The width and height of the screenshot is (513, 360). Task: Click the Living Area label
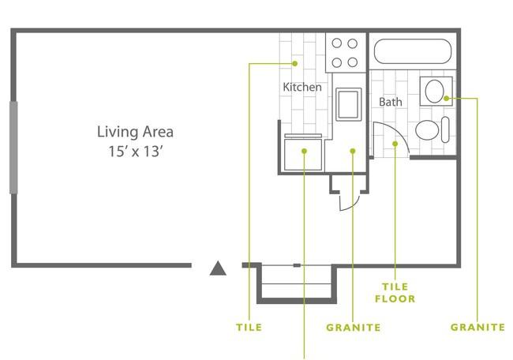(x=135, y=132)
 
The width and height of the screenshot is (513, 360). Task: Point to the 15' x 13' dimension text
(x=135, y=152)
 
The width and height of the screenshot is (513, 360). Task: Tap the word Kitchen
(x=302, y=87)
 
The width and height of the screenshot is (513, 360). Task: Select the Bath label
(x=390, y=102)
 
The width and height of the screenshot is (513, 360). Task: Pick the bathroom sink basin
(x=434, y=92)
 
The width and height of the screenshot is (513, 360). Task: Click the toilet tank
(x=446, y=130)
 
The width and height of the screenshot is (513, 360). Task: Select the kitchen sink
(x=347, y=104)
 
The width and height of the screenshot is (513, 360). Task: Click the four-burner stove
(x=345, y=53)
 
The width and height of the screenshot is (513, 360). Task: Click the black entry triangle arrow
(x=218, y=269)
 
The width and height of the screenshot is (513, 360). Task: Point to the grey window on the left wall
(x=13, y=147)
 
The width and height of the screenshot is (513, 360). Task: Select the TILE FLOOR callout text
(x=399, y=294)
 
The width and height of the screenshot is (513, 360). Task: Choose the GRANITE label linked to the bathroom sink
(x=477, y=327)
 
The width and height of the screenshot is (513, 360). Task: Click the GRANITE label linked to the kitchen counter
(x=353, y=327)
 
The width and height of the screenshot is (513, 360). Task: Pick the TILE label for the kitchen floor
(x=249, y=327)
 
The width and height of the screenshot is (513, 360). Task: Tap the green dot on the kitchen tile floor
(x=294, y=63)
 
